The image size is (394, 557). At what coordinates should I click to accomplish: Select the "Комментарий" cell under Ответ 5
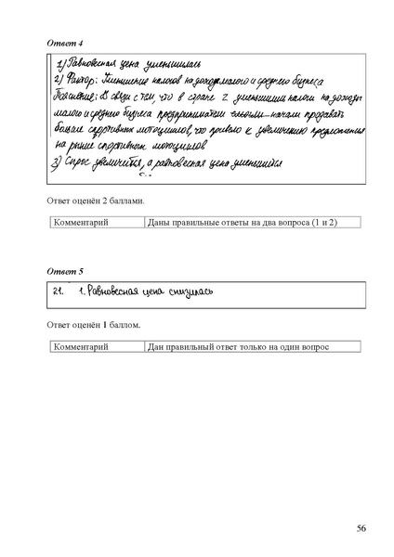tap(83, 347)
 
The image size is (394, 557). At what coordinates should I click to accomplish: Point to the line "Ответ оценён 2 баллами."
tap(96, 201)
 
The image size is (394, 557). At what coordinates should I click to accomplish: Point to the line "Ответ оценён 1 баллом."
tap(93, 326)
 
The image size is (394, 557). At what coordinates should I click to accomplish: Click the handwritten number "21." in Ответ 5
tap(59, 292)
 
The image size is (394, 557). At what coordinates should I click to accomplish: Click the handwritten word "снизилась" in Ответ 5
tap(190, 292)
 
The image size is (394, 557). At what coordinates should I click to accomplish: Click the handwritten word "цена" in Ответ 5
tap(154, 293)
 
